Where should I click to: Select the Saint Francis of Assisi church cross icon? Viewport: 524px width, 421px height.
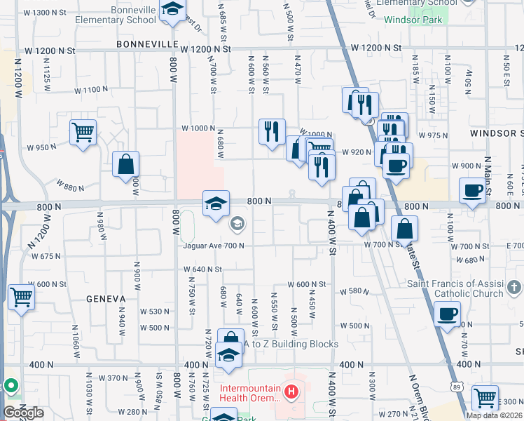click(514, 287)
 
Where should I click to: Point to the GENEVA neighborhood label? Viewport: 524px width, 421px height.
click(105, 298)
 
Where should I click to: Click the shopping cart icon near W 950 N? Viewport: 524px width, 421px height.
click(83, 132)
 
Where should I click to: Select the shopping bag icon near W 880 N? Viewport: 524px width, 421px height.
click(125, 165)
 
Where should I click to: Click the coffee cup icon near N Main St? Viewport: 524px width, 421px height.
click(473, 190)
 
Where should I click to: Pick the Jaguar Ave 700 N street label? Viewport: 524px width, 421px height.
click(214, 246)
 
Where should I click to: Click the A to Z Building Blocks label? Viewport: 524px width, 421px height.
click(290, 345)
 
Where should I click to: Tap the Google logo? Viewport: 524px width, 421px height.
click(23, 413)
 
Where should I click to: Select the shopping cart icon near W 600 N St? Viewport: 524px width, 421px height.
click(21, 298)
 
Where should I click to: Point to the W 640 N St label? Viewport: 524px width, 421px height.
click(202, 269)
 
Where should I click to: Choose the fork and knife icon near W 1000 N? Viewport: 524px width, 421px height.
click(271, 131)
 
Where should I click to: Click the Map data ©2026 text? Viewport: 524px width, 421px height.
click(494, 415)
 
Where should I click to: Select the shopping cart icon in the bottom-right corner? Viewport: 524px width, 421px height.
click(485, 398)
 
